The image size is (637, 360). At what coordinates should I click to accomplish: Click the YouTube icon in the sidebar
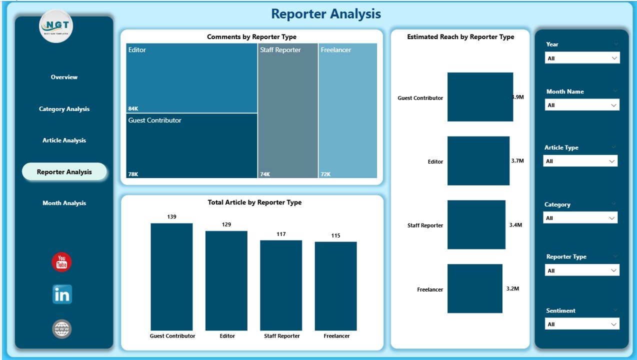pyautogui.click(x=61, y=262)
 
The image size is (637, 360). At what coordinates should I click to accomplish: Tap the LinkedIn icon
pyautogui.click(x=62, y=294)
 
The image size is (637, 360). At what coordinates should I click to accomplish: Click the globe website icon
pyautogui.click(x=62, y=329)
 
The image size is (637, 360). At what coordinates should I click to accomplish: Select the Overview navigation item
pyautogui.click(x=64, y=77)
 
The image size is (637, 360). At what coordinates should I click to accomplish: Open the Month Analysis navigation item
pyautogui.click(x=64, y=203)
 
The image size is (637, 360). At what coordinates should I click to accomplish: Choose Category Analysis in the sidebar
pyautogui.click(x=64, y=109)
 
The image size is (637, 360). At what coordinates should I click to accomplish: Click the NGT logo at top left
pyautogui.click(x=56, y=26)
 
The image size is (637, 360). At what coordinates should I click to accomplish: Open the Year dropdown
pyautogui.click(x=582, y=58)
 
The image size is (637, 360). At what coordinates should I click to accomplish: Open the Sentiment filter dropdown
pyautogui.click(x=582, y=324)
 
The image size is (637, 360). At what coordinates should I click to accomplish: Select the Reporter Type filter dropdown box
pyautogui.click(x=582, y=270)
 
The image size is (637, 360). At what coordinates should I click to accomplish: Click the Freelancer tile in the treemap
pyautogui.click(x=347, y=110)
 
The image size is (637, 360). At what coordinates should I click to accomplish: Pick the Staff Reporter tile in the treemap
pyautogui.click(x=287, y=110)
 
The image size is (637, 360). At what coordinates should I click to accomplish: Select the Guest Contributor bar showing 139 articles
pyautogui.click(x=171, y=276)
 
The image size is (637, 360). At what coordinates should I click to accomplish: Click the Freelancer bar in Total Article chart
pyautogui.click(x=335, y=286)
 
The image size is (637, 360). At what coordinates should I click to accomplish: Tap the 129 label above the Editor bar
pyautogui.click(x=226, y=224)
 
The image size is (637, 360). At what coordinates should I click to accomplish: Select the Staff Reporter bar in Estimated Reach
pyautogui.click(x=476, y=224)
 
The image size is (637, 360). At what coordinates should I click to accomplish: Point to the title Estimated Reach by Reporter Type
pyautogui.click(x=460, y=37)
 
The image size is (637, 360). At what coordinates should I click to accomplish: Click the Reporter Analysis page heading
pyautogui.click(x=326, y=14)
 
